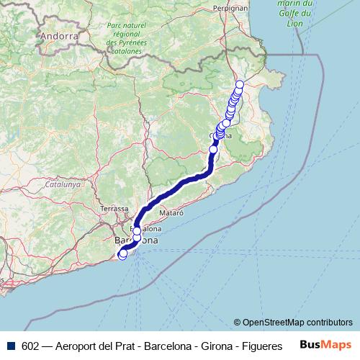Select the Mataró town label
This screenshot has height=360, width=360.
[x=172, y=213]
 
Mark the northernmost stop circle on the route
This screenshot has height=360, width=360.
[x=240, y=85]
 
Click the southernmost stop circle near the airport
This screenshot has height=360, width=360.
[x=122, y=253]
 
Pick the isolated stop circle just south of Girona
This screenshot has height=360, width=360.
[x=213, y=149]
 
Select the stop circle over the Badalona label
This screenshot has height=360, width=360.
[x=137, y=231]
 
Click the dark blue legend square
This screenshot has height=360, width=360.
[x=11, y=346]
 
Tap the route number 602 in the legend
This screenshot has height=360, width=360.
[x=30, y=346]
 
